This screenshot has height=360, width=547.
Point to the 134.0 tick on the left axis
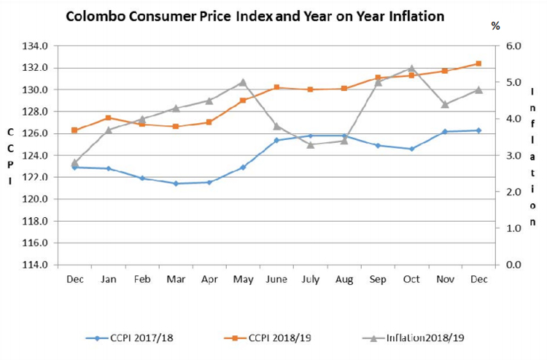pos(36,46)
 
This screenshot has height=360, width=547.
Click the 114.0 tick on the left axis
pos(36,265)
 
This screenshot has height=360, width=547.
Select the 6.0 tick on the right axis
pos(513,46)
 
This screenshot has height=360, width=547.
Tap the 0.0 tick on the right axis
pos(513,265)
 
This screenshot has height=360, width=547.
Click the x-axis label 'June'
pos(276,280)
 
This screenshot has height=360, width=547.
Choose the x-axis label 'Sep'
pos(378,280)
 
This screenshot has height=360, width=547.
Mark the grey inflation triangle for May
pos(243,82)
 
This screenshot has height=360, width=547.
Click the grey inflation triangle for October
pos(411,69)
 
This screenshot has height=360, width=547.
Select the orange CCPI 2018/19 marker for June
pos(276,87)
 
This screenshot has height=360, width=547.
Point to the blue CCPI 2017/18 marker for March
pos(176,184)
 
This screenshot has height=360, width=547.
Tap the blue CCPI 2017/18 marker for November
pos(445,132)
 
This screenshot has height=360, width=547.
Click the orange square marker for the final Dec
pos(478,63)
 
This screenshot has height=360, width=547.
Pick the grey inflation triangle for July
pos(310,144)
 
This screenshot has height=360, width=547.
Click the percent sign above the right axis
pos(496,26)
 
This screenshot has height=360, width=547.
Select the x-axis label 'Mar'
pos(176,280)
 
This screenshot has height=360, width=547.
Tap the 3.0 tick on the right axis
pos(513,155)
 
